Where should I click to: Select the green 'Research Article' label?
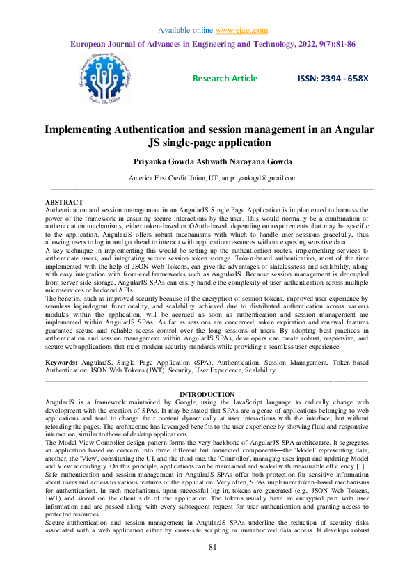(225, 78)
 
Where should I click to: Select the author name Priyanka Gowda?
(161, 161)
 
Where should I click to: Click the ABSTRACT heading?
(65, 202)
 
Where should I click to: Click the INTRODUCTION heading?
(207, 395)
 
